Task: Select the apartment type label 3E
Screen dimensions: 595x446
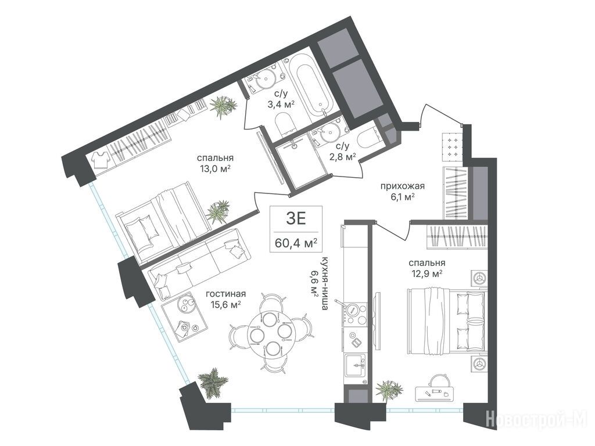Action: pyautogui.click(x=296, y=219)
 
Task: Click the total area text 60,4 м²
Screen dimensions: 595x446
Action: pyautogui.click(x=296, y=243)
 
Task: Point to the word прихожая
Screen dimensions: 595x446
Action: pyautogui.click(x=402, y=186)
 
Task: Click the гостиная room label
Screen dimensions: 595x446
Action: pyautogui.click(x=226, y=294)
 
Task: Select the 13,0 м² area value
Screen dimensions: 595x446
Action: pyautogui.click(x=216, y=169)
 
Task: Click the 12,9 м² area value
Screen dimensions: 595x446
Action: pyautogui.click(x=426, y=274)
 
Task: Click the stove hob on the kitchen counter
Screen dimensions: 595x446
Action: pyautogui.click(x=355, y=314)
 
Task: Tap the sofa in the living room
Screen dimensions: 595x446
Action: pyautogui.click(x=199, y=264)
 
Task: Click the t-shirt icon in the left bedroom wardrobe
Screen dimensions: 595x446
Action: pyautogui.click(x=101, y=160)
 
